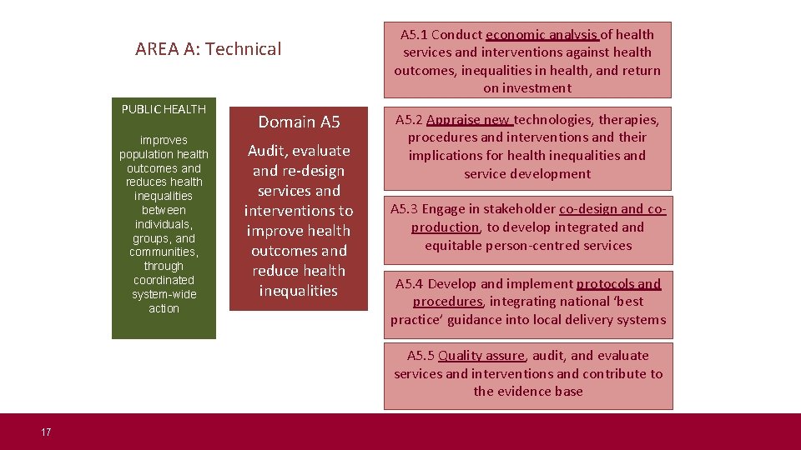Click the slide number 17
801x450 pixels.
46,432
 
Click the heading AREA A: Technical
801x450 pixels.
209,49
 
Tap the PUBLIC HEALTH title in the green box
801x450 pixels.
164,109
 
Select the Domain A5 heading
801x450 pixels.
299,122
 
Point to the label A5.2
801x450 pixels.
409,119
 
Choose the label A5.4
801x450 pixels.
410,284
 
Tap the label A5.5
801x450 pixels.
421,356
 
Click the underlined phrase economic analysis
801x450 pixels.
542,35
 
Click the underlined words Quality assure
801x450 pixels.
481,356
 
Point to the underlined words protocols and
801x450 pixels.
618,284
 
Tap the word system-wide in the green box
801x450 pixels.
164,294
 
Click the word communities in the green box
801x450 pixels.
162,252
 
